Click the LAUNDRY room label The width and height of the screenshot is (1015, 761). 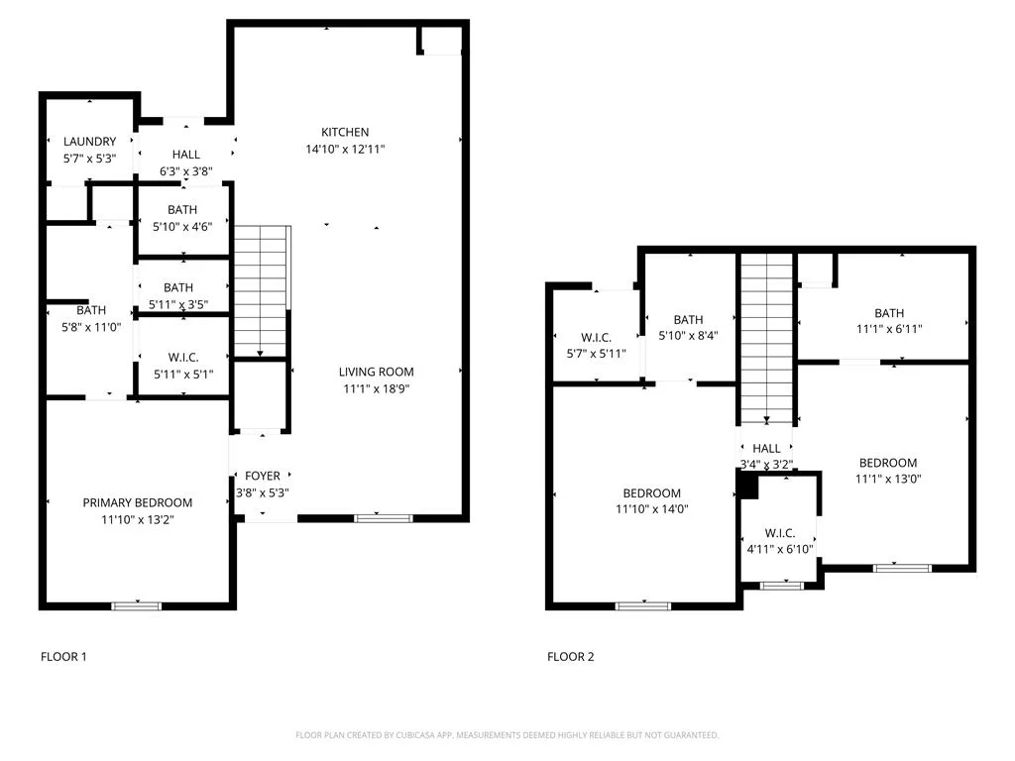[x=90, y=141]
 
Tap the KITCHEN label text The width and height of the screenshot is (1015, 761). [x=345, y=132]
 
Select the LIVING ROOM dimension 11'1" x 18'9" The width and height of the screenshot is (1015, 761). [x=376, y=388]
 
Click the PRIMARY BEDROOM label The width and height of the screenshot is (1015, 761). [x=137, y=502]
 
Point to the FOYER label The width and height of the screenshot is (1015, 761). [x=262, y=476]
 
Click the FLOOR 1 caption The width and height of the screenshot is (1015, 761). [x=63, y=657]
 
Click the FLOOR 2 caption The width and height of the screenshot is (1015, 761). [x=570, y=657]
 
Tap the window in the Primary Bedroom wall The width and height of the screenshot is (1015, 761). [x=137, y=605]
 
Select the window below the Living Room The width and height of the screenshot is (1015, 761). [x=384, y=518]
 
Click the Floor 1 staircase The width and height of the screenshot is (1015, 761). [x=261, y=291]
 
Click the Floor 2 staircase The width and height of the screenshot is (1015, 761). [x=766, y=339]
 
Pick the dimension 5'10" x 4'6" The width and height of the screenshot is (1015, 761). [x=182, y=227]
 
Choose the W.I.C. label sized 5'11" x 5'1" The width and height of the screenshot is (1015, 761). [x=183, y=357]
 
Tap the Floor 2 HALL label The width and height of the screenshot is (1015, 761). [x=766, y=449]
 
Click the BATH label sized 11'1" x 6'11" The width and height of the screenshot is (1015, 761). [x=889, y=313]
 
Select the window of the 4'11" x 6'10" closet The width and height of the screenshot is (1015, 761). [x=781, y=586]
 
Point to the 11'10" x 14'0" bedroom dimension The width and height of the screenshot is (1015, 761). [x=652, y=509]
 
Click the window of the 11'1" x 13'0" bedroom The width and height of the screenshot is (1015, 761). [x=902, y=568]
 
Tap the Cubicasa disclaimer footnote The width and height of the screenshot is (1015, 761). [x=507, y=735]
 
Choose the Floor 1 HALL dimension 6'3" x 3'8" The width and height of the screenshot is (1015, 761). [x=185, y=171]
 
